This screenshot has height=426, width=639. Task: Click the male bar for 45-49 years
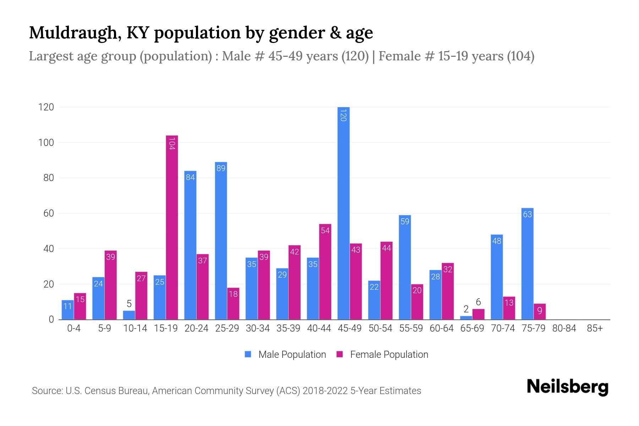click(343, 213)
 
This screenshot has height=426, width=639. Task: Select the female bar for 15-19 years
click(172, 227)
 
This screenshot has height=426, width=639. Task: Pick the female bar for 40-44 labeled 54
click(325, 272)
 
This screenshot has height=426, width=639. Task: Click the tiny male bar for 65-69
click(466, 318)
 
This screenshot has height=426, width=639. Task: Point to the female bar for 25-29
click(233, 304)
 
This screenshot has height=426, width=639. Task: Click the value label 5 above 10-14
click(129, 304)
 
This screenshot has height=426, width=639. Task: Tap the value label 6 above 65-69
click(478, 302)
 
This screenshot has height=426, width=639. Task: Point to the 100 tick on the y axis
click(46, 143)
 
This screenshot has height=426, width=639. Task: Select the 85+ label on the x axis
click(595, 328)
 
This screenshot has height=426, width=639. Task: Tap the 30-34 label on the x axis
click(258, 328)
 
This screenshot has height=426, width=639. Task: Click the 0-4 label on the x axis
click(74, 328)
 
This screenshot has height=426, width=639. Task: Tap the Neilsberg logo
click(567, 387)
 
